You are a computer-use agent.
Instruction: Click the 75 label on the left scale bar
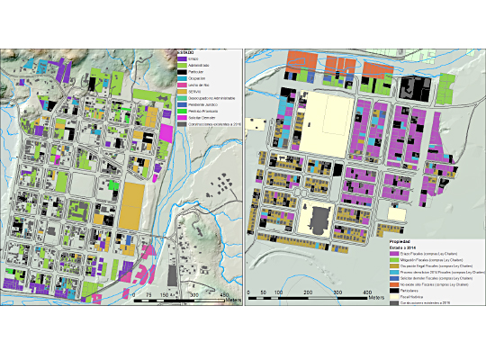click(x=135, y=295)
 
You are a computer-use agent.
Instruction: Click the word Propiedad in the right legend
click(x=400, y=242)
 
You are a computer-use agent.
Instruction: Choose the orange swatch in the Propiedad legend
click(x=394, y=283)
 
